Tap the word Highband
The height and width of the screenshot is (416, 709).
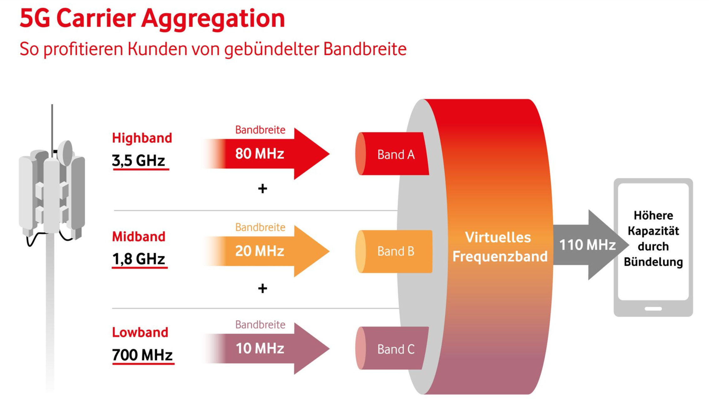click(x=142, y=138)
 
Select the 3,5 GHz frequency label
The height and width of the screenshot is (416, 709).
click(x=139, y=160)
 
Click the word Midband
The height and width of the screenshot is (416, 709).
click(x=139, y=236)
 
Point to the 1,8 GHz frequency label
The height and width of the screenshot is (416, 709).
click(x=139, y=259)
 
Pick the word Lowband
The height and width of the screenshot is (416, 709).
click(x=140, y=332)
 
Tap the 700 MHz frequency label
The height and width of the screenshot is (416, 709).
click(x=142, y=355)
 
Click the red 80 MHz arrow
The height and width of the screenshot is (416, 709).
click(x=266, y=153)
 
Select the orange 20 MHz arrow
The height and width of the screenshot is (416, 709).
click(x=266, y=251)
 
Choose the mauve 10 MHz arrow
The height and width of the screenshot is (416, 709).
click(x=266, y=348)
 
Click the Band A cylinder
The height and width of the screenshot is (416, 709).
click(x=392, y=154)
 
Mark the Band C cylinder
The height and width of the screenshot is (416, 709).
click(x=392, y=348)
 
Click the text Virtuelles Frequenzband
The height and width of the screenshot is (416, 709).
click(x=499, y=247)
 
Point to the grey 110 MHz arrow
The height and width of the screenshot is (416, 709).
click(x=591, y=245)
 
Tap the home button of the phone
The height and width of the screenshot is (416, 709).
click(x=653, y=309)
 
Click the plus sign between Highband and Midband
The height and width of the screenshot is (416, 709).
click(x=263, y=188)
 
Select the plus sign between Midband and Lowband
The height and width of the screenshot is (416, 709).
click(x=263, y=288)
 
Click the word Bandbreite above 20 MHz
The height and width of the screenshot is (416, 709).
click(x=260, y=227)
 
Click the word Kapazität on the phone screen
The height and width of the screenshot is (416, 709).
click(x=653, y=231)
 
